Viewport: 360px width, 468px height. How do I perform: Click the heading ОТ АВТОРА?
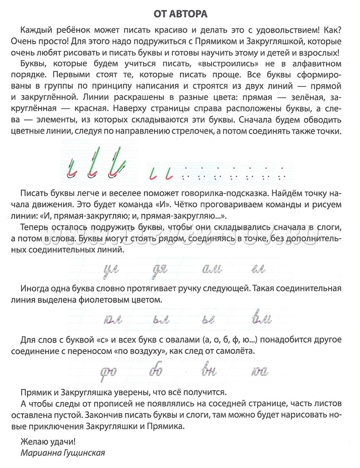pos(180,10)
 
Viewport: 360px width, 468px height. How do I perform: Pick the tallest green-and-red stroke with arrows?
pos(115,161)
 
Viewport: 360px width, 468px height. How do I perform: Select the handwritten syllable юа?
pos(262,370)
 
